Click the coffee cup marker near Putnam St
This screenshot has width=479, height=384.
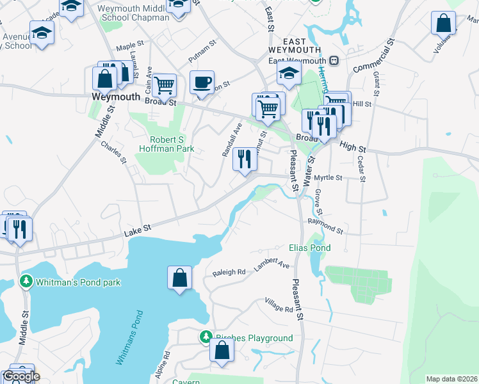pos(202,83)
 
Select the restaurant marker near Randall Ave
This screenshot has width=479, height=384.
pos(244,159)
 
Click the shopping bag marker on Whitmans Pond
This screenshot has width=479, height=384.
pos(180,278)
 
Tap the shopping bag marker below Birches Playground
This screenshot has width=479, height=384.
pos(222,351)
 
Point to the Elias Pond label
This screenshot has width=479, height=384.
pos(310,248)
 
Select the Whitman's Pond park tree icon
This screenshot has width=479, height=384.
pos(26,282)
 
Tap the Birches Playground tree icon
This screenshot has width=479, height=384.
pos(206,337)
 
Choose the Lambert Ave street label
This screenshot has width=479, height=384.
pos(272,264)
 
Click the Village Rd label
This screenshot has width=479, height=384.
pos(279,305)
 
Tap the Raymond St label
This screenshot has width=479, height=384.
pos(325,225)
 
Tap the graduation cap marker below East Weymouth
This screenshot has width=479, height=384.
pos(289,74)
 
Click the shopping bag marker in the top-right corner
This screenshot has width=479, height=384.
pos(443,24)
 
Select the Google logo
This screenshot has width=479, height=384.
pos(20,376)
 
